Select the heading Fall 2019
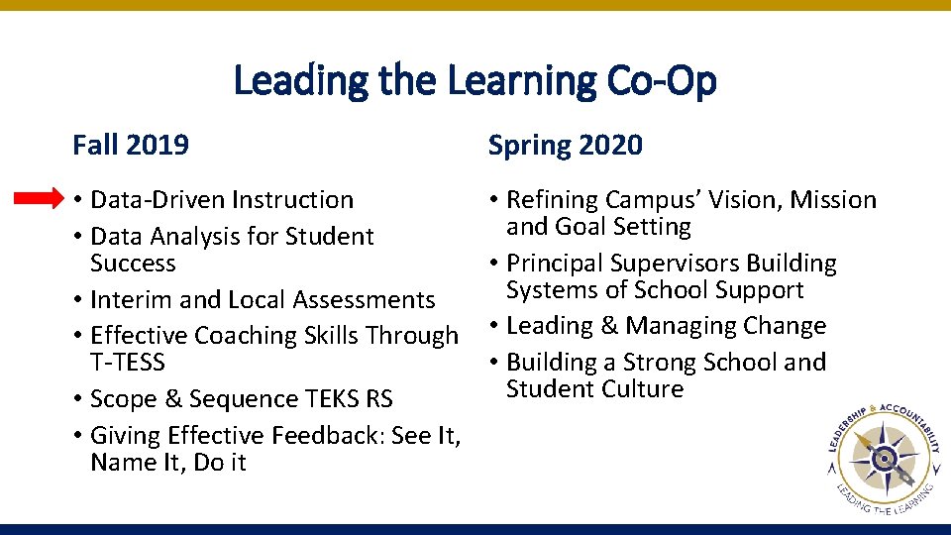(x=131, y=146)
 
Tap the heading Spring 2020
(x=565, y=146)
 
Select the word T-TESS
(x=127, y=362)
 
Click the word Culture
(x=644, y=388)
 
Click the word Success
(x=133, y=263)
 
